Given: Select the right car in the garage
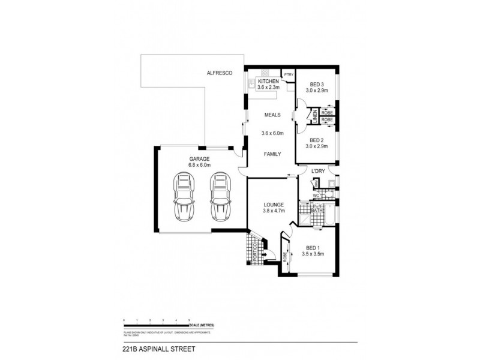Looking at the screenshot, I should point(220,197).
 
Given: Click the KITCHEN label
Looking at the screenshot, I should point(268,81).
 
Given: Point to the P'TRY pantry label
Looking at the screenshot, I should point(289,75).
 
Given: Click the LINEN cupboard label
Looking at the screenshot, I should point(314,116).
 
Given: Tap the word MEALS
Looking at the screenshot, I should point(272,115).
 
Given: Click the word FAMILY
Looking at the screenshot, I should point(272,154).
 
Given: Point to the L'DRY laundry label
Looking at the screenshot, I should point(318,172).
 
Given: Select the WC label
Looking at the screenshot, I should point(314,195).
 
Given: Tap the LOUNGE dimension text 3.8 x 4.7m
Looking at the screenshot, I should point(273,211).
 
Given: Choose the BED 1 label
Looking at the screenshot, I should point(313,248).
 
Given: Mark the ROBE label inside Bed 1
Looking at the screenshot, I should point(286,256).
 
